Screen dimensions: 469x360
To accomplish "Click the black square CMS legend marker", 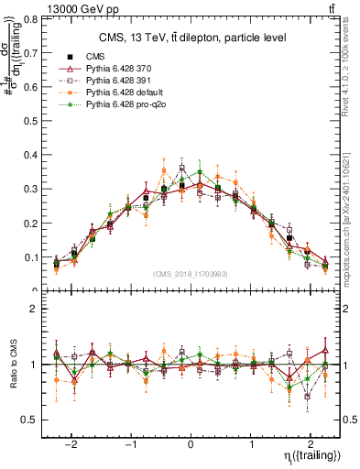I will [x=71, y=57].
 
